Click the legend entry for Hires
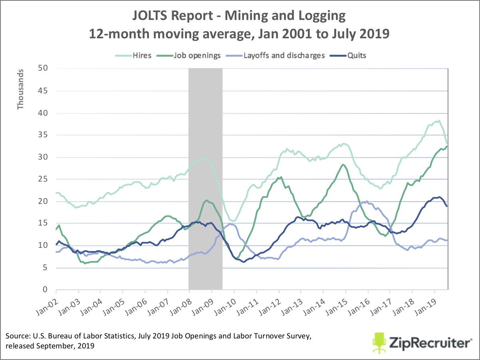tap(143, 55)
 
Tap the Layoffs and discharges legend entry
tap(284, 55)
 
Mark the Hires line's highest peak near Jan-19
tap(439, 121)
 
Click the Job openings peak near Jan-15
tap(343, 164)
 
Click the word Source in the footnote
tap(17, 337)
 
